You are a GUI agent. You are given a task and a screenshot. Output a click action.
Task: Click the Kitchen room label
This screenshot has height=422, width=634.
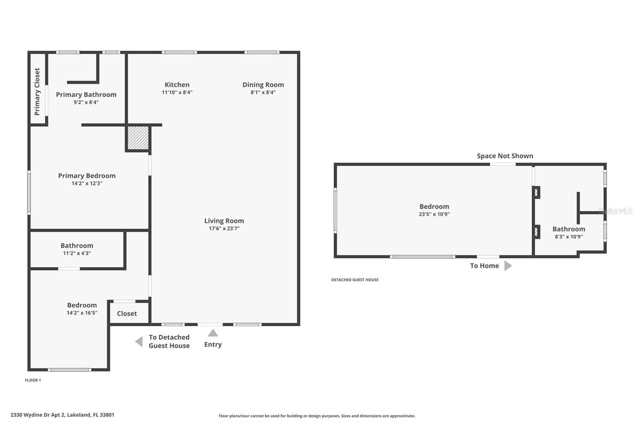click(x=177, y=85)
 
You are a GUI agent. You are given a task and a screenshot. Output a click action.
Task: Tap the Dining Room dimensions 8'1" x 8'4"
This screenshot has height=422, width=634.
click(x=263, y=92)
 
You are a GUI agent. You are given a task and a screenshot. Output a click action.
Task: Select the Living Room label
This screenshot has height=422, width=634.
click(x=224, y=221)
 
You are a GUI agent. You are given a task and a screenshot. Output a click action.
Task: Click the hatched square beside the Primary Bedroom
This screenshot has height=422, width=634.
click(x=138, y=138)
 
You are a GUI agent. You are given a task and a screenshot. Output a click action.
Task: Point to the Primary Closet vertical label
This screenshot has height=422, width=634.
click(x=37, y=91)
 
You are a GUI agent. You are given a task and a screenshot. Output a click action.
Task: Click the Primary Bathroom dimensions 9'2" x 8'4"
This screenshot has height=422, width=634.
click(x=86, y=102)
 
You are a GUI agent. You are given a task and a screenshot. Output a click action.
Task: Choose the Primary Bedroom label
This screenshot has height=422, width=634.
click(x=87, y=176)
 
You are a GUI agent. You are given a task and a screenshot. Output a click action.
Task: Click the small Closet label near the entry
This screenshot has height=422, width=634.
click(x=127, y=314)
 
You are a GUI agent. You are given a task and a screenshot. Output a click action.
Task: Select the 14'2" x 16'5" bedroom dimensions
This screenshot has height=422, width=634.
click(x=82, y=313)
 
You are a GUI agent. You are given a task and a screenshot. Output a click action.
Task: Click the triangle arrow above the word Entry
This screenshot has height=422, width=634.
click(x=213, y=333)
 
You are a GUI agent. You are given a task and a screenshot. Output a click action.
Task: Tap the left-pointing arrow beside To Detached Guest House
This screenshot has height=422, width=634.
click(x=139, y=341)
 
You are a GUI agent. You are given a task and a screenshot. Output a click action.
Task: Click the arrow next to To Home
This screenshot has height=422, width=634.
click(x=508, y=266)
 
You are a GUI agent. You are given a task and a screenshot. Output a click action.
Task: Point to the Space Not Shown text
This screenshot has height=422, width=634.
click(x=505, y=156)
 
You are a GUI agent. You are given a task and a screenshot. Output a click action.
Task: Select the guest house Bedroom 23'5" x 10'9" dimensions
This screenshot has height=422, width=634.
click(x=434, y=214)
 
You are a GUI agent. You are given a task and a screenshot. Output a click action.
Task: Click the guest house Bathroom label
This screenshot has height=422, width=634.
click(x=569, y=229)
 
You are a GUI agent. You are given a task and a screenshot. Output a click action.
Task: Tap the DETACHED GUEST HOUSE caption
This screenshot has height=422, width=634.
click(x=355, y=280)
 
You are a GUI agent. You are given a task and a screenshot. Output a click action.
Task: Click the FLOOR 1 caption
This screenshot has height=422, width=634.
click(x=33, y=380)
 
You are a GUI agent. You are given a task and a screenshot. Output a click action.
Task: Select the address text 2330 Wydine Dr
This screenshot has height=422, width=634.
click(x=62, y=415)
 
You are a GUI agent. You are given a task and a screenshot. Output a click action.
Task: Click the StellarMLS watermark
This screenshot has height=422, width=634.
click(x=615, y=211)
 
